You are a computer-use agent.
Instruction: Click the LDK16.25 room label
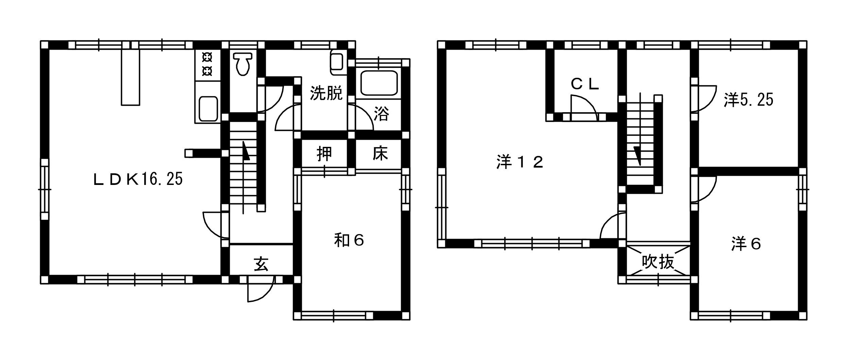pyautogui.click(x=138, y=179)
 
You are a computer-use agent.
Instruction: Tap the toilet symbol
pyautogui.click(x=242, y=64)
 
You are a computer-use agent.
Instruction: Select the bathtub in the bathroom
pyautogui.click(x=379, y=83)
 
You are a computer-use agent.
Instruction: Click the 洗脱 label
pyautogui.click(x=326, y=93)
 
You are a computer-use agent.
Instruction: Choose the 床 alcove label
pyautogui.click(x=380, y=154)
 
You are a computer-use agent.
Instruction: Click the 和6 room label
pyautogui.click(x=349, y=241)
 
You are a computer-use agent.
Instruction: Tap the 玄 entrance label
pyautogui.click(x=261, y=264)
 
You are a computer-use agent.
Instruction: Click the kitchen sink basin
pyautogui.click(x=208, y=108)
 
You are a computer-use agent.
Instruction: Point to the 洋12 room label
pyautogui.click(x=520, y=162)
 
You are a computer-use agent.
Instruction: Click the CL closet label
pyautogui.click(x=585, y=84)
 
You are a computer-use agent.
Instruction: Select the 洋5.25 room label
pyautogui.click(x=748, y=100)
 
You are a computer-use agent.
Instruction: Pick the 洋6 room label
pyautogui.click(x=746, y=244)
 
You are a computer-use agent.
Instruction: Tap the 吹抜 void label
pyautogui.click(x=658, y=262)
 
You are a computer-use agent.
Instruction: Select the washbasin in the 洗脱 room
pyautogui.click(x=337, y=63)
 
